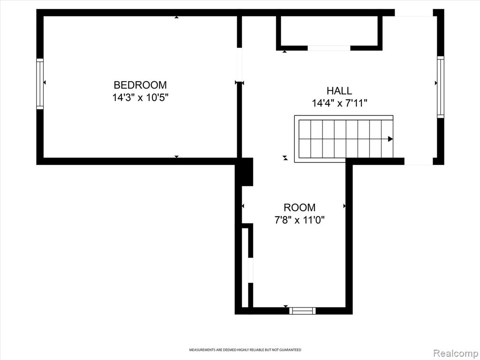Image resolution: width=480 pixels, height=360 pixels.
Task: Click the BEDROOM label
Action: coord(140,85)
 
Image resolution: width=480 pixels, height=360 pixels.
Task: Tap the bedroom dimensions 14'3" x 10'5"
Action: coord(141,97)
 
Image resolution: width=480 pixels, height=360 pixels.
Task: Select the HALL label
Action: coord(339,90)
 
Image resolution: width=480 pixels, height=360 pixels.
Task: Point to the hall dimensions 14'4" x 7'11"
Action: coord(339,103)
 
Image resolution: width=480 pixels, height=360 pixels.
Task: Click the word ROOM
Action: coord(300,208)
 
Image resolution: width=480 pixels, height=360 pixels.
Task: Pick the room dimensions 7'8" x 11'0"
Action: coord(300,220)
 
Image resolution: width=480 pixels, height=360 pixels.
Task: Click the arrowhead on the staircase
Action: coord(390,139)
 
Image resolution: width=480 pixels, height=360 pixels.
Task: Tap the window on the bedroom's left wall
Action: coord(40,83)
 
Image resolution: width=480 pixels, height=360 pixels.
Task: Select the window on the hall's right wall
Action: coord(441,87)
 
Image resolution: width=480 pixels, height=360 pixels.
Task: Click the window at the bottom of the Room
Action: coord(302,311)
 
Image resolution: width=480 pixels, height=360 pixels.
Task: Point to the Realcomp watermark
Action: coord(455,353)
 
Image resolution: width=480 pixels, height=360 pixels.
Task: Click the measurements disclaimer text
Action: coord(245,350)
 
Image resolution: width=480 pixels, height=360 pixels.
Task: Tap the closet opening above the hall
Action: coord(329,48)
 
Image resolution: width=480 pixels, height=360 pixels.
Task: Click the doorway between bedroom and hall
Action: coord(240,65)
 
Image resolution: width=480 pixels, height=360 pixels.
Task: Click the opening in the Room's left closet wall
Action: coord(250,270)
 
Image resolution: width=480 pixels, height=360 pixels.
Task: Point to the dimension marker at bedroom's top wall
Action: coord(176,17)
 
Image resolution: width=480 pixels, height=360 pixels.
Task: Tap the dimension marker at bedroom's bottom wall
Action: coord(176,157)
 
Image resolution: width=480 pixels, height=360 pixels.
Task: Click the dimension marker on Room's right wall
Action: coord(345,206)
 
